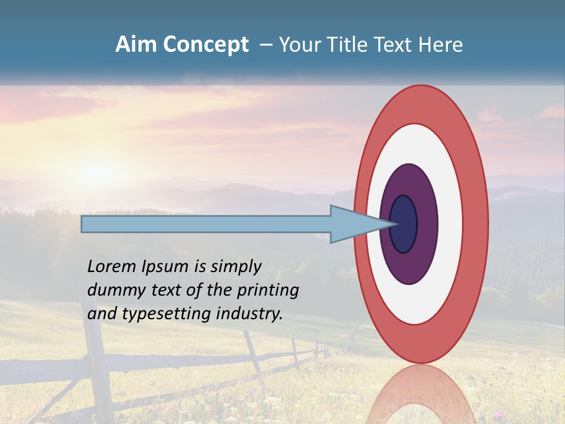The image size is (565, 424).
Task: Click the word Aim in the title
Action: coord(137,45)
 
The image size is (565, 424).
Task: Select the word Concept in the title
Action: coord(205,45)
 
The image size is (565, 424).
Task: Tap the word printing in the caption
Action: coord(268,290)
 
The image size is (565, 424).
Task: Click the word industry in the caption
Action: coord(250,314)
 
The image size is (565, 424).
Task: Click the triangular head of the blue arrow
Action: coord(353,224)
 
